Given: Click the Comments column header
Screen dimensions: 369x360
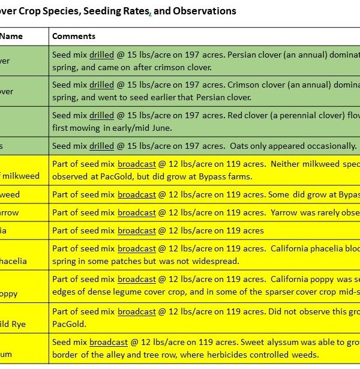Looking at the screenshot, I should pos(74,36).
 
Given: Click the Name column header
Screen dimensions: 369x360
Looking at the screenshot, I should pos(11,36).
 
